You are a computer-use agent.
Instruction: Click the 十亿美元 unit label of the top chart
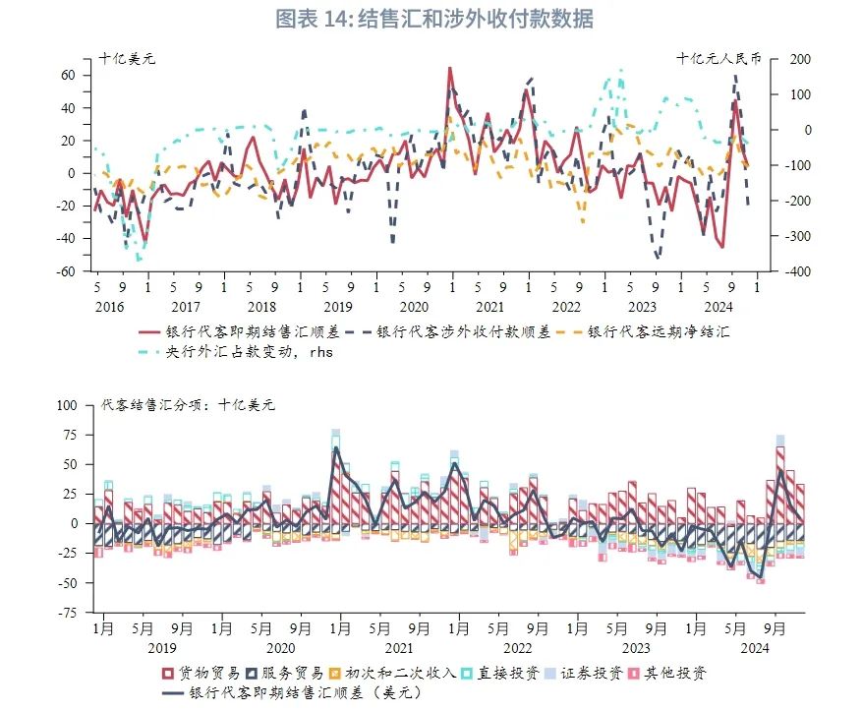[x=127, y=58]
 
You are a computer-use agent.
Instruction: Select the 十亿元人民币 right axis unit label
[x=718, y=58]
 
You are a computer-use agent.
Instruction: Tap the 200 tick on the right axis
[x=797, y=59]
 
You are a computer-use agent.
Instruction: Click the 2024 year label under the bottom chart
[x=754, y=648]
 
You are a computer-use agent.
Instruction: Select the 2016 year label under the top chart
[x=110, y=306]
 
